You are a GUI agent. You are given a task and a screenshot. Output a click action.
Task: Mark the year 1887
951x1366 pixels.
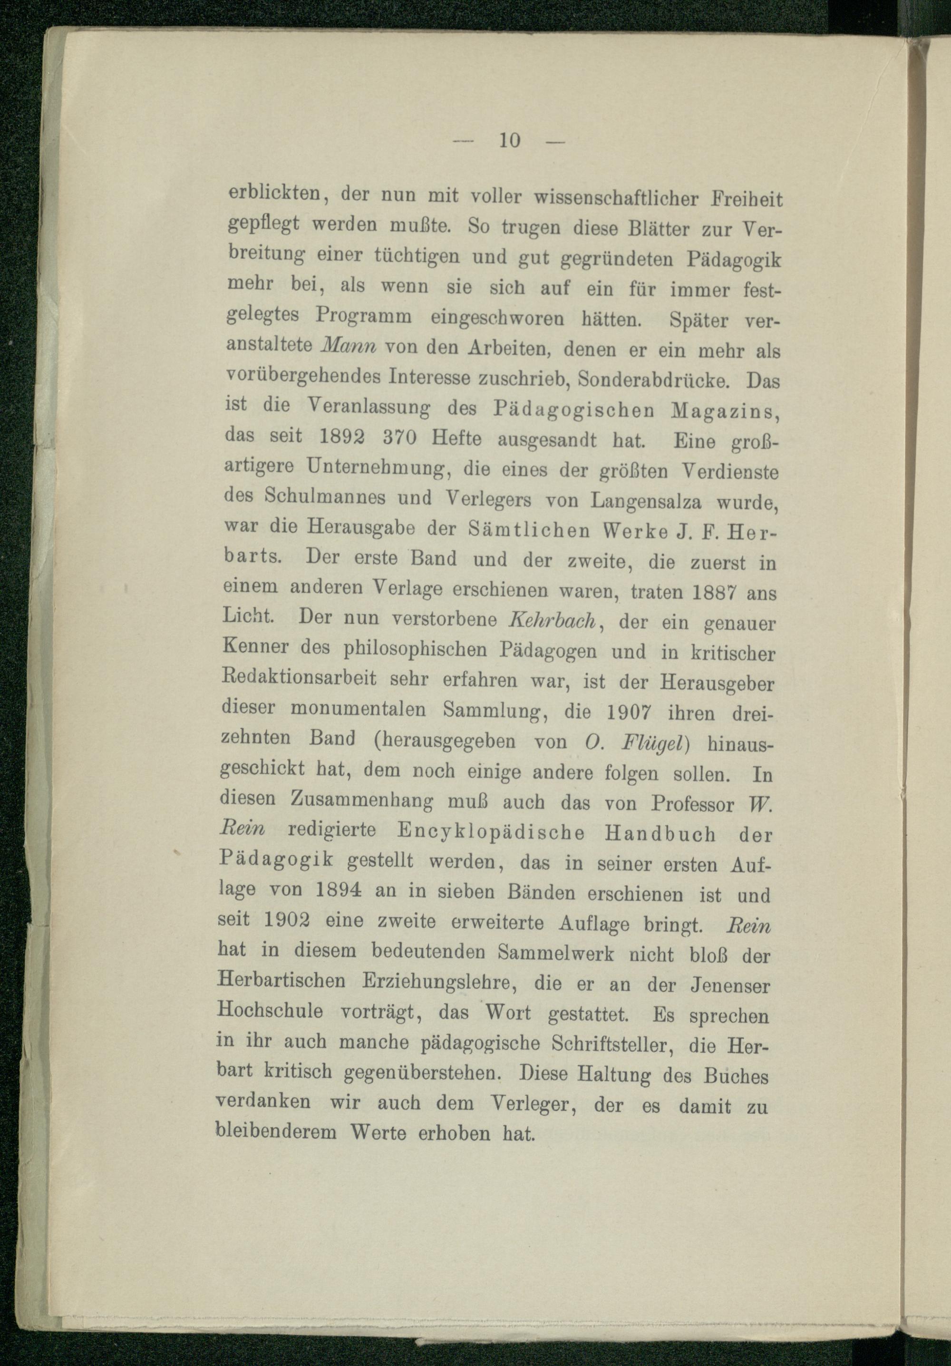(717, 593)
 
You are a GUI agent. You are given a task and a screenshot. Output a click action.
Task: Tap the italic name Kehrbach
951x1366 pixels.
(553, 621)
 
